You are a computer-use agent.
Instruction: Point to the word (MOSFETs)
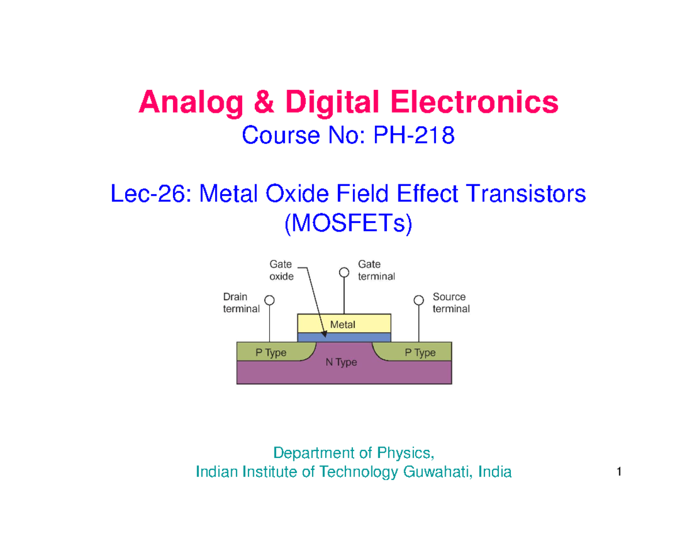click(x=348, y=224)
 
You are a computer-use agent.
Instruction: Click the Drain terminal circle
click(x=269, y=300)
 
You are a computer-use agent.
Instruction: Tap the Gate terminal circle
click(x=344, y=272)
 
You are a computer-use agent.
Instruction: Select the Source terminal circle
click(x=419, y=300)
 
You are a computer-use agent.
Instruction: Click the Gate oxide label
click(x=281, y=270)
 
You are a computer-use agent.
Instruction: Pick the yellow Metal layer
click(x=344, y=323)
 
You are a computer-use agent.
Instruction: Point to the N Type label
click(x=343, y=363)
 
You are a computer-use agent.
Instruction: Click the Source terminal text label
click(x=451, y=303)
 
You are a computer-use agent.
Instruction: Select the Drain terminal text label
click(x=241, y=303)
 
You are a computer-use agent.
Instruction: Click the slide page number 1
click(x=618, y=473)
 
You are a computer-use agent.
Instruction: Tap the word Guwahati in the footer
click(x=426, y=472)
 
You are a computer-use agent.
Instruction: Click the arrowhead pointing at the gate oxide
click(x=324, y=332)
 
